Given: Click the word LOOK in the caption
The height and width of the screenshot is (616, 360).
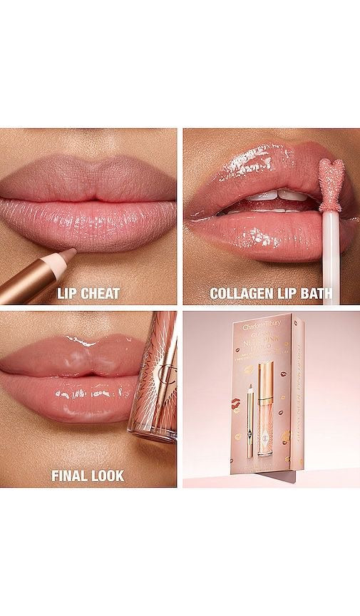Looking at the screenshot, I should (106, 475).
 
